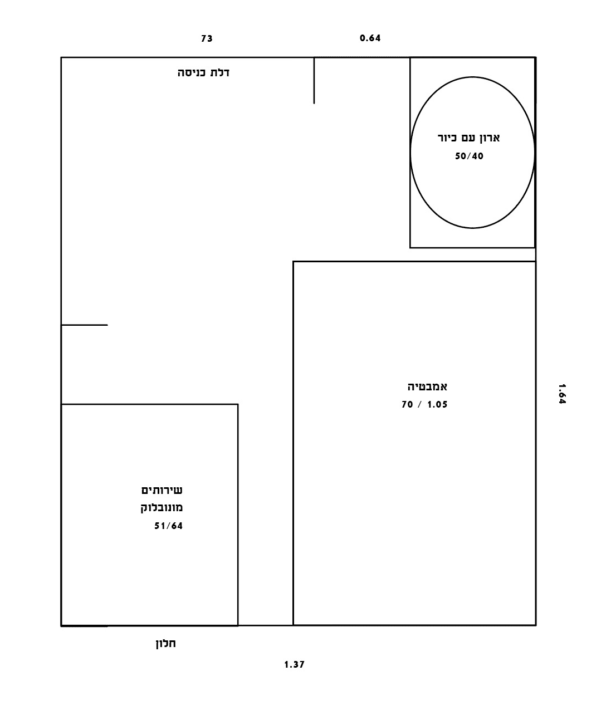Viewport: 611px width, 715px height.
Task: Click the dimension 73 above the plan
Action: point(207,38)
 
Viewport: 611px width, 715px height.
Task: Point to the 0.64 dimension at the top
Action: point(370,38)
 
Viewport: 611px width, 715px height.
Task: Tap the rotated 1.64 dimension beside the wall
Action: point(562,394)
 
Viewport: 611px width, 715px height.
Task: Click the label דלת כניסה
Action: point(204,72)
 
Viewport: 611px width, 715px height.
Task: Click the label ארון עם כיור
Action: point(469,138)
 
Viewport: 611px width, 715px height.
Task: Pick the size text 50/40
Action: point(469,156)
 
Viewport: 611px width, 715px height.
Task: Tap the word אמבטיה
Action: point(428,386)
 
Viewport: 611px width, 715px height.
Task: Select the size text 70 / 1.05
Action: point(424,404)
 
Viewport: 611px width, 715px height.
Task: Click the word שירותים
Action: point(162,490)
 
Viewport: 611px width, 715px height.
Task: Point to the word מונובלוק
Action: point(162,507)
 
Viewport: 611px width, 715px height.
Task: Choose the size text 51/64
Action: point(169,526)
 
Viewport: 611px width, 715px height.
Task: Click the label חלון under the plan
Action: point(166,643)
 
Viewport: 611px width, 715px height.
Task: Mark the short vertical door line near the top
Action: point(314,81)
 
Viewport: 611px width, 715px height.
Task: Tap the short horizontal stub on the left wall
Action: point(85,325)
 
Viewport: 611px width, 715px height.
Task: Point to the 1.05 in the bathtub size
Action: point(437,404)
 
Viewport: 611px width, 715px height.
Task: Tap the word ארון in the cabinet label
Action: point(489,138)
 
